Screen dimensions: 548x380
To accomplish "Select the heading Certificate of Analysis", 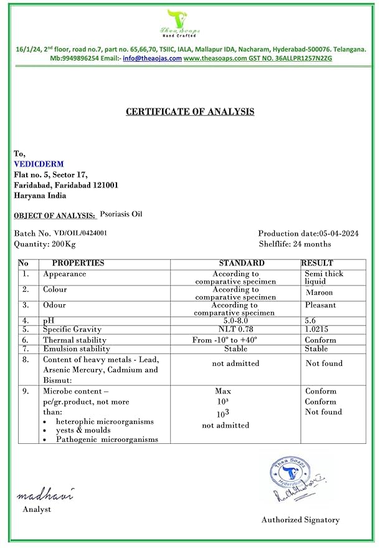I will (190, 112).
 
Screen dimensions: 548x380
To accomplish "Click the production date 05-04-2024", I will (334, 233).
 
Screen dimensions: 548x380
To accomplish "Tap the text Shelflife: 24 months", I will (295, 244).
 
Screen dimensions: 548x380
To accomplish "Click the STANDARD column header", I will (242, 263).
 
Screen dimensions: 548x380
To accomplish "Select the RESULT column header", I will (317, 263).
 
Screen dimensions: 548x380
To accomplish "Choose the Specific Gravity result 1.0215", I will (317, 329).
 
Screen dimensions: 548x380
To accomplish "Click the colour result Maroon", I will (319, 292).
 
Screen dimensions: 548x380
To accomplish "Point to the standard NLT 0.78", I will (234, 329).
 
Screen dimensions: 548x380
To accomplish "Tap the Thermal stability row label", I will (76, 340).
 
